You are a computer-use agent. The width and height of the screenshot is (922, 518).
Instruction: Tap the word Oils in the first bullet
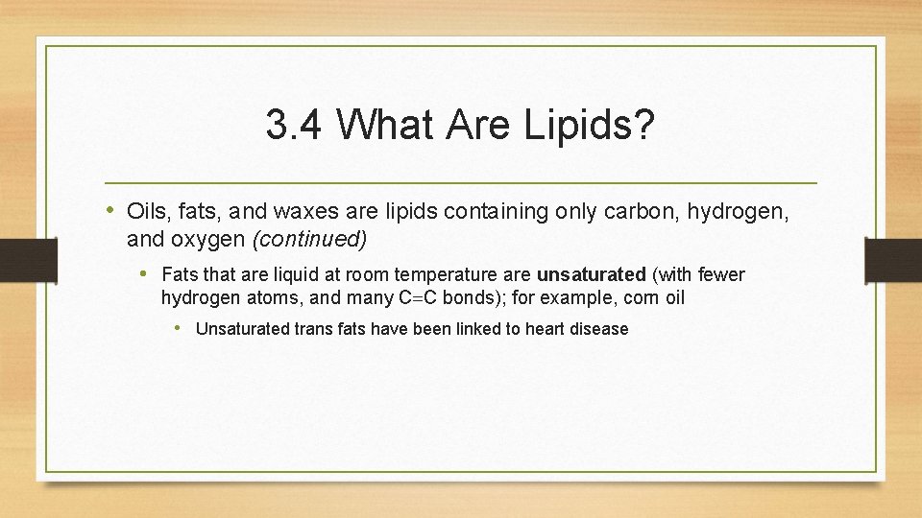[x=147, y=212]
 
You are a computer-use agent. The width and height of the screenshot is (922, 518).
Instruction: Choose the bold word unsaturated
[x=592, y=275]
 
